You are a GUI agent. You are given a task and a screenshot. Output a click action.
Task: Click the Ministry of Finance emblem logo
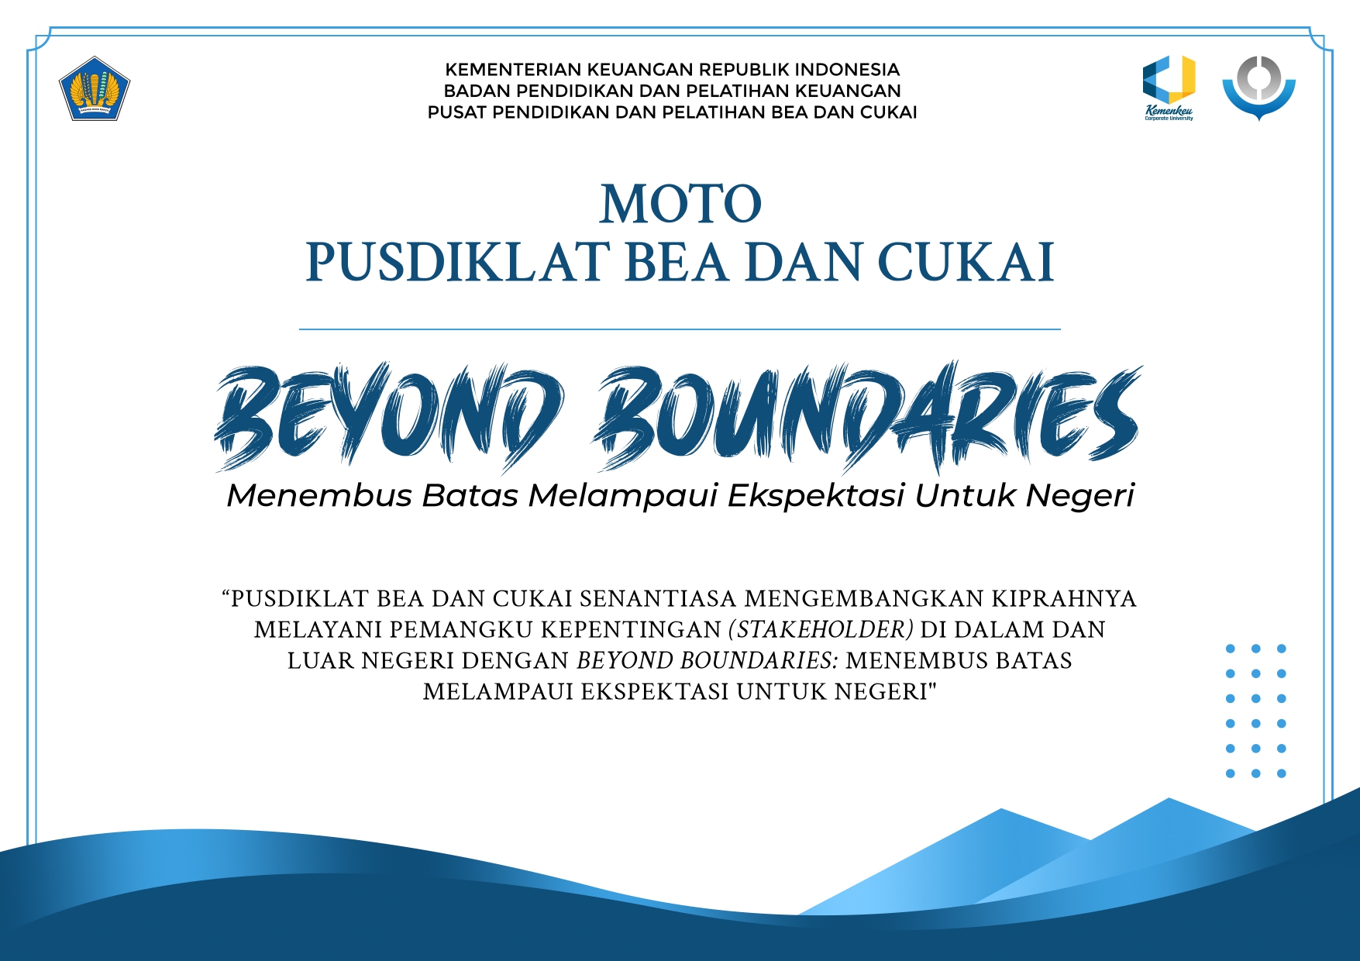[x=95, y=88]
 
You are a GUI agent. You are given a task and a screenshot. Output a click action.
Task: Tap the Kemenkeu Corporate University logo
[x=1169, y=88]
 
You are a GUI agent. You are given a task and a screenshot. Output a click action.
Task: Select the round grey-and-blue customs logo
[x=1259, y=88]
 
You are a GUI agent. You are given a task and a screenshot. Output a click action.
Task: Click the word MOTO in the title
[x=680, y=205]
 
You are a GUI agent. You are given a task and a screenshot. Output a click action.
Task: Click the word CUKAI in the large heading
[x=966, y=262]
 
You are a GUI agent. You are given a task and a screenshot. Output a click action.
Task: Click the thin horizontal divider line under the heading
[x=680, y=329]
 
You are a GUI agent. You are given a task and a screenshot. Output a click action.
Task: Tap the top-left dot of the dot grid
[x=1231, y=649]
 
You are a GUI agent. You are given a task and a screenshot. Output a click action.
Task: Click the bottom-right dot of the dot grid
[x=1282, y=773]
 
